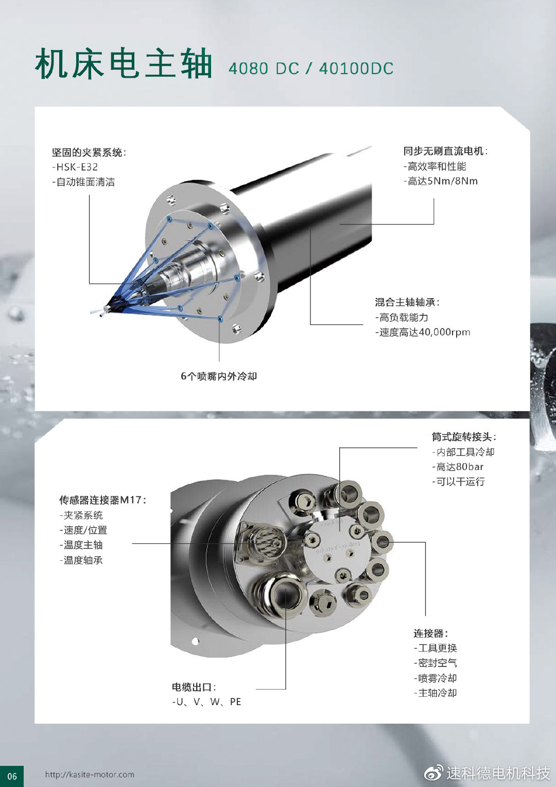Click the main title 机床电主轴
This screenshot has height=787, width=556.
[123, 63]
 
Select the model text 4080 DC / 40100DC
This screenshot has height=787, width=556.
[311, 68]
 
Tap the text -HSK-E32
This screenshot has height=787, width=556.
[75, 167]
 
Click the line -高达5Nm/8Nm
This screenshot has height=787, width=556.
[441, 181]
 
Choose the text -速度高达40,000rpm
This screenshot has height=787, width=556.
[423, 332]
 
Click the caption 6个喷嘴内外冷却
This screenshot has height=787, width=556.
[219, 376]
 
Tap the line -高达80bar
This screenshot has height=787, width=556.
[458, 467]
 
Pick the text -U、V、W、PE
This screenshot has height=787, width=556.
[206, 702]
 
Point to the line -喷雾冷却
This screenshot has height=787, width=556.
[435, 678]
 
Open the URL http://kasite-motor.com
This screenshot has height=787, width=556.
[90, 774]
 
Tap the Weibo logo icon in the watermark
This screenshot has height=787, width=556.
[434, 773]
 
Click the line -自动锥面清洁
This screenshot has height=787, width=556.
[83, 182]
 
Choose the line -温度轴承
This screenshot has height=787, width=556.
[81, 560]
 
